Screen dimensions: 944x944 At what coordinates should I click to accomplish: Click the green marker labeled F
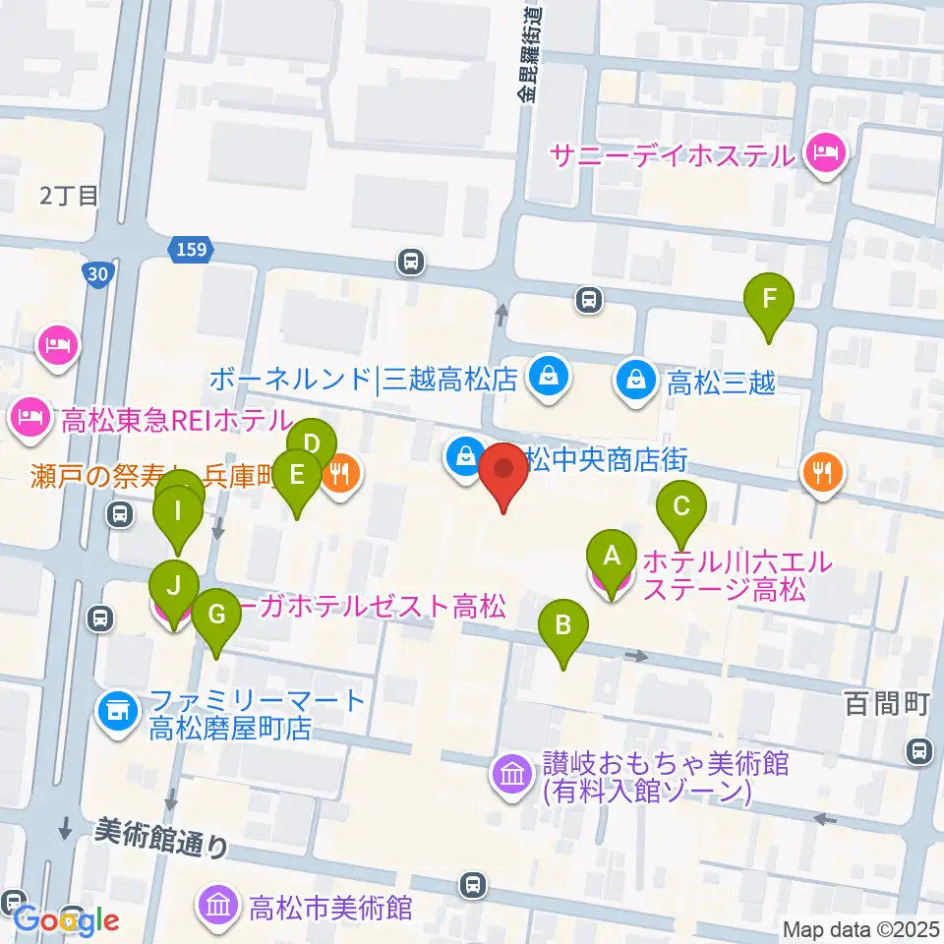click(769, 298)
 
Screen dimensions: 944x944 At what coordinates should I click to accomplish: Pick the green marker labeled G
click(216, 616)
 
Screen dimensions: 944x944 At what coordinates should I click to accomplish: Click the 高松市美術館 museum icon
click(218, 905)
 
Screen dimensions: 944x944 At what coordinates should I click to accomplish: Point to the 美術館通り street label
click(161, 837)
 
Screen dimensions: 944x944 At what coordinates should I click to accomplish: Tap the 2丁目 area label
click(70, 195)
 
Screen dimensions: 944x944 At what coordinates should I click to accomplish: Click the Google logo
click(67, 921)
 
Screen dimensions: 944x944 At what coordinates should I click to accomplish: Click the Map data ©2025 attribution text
click(858, 929)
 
